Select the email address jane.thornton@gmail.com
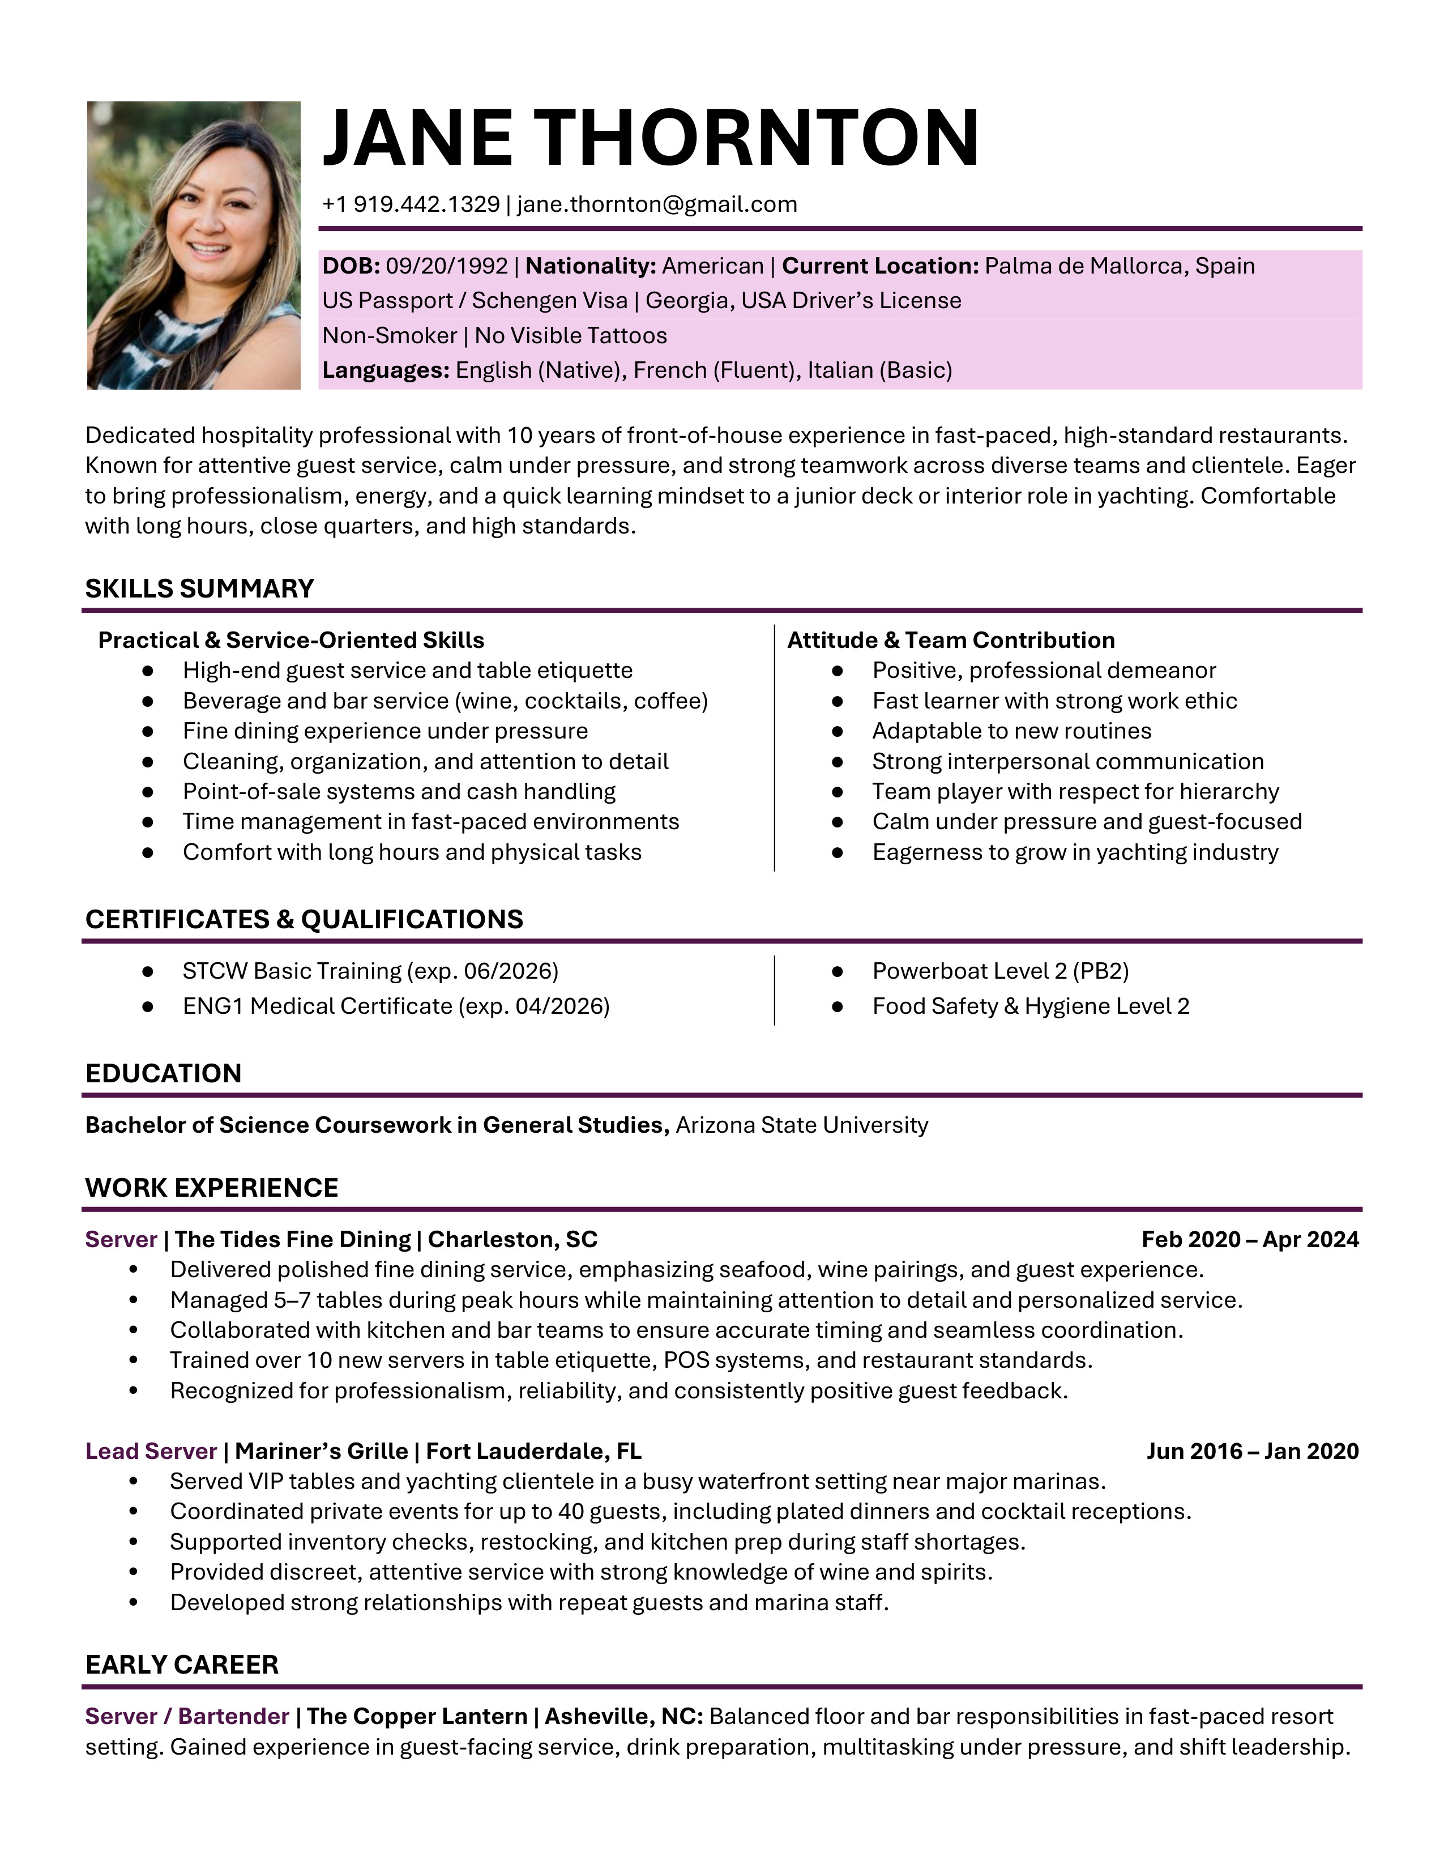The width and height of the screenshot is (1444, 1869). pos(657,204)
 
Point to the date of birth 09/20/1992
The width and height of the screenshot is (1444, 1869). pos(447,266)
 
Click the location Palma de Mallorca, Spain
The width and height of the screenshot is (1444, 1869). pos(1119,266)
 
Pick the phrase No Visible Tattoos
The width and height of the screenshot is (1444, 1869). pos(571,335)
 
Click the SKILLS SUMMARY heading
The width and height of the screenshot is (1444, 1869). pos(199,589)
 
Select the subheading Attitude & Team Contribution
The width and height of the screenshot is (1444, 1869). pos(950,640)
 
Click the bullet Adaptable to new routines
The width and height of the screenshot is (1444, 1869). pos(1011,731)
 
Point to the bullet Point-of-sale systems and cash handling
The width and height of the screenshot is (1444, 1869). pos(399,792)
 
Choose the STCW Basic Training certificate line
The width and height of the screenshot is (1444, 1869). pos(370,971)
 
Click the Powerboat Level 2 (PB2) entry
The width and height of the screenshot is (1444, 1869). pos(1000,971)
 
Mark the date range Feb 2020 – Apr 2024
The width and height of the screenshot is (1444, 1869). pos(1249,1239)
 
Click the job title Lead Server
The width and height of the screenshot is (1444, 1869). pos(151,1452)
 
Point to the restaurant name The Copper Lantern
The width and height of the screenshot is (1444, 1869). pos(417,1717)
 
